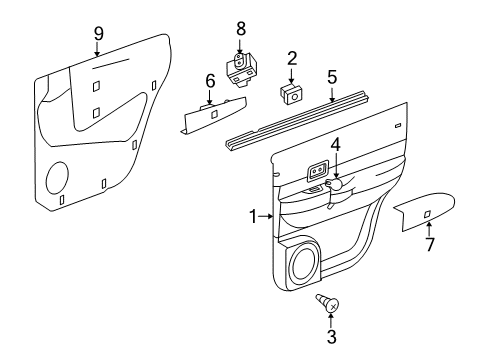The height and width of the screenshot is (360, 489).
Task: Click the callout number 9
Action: click(x=98, y=33)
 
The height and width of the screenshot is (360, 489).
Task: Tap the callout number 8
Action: click(x=240, y=26)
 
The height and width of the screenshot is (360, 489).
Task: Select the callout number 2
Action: click(x=291, y=58)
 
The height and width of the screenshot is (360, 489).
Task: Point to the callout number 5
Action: click(x=331, y=75)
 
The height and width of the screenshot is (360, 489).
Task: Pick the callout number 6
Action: click(x=210, y=81)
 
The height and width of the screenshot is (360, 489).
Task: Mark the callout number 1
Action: click(x=255, y=215)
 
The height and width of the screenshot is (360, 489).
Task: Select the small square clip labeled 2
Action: click(x=291, y=94)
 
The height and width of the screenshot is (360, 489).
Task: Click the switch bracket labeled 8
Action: click(x=240, y=67)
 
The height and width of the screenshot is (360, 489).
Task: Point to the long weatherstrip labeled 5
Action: click(x=297, y=116)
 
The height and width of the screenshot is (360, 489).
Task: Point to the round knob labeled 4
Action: click(x=337, y=184)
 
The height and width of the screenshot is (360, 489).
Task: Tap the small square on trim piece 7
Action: click(x=427, y=213)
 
